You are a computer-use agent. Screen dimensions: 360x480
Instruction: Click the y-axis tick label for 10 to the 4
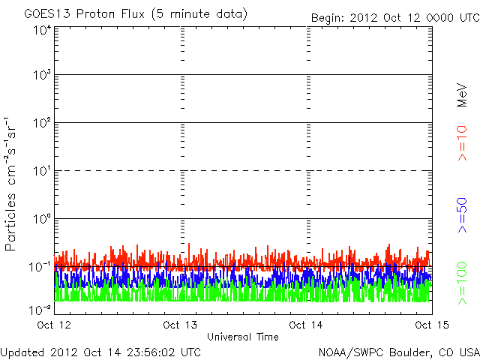tap(41, 30)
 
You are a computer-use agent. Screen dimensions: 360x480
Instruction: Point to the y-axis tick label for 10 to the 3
tap(41, 75)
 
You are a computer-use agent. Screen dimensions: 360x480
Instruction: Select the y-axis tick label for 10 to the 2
tap(41, 123)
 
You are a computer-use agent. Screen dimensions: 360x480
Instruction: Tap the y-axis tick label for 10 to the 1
tap(41, 171)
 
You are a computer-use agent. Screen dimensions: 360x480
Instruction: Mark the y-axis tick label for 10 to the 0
tap(41, 219)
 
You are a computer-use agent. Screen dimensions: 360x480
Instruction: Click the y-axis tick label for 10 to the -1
tap(40, 267)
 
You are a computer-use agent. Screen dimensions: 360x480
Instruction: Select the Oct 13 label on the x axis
tap(181, 325)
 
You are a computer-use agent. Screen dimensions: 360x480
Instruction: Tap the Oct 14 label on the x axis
tap(307, 325)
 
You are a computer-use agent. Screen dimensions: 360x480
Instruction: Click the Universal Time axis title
tap(243, 337)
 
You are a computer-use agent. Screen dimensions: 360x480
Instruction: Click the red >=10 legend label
tap(463, 144)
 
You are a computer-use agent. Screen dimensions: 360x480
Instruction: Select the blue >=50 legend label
tap(463, 214)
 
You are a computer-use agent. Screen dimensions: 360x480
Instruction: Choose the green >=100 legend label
tap(463, 282)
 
